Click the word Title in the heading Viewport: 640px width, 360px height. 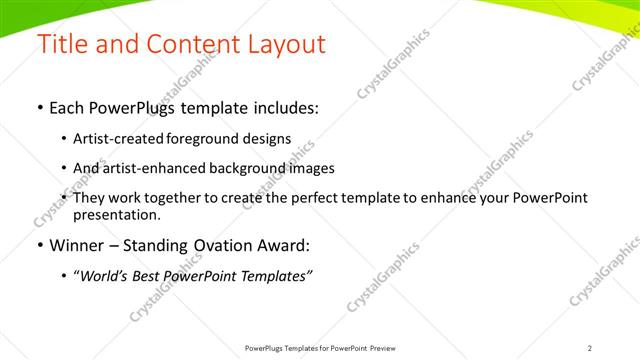[x=60, y=45]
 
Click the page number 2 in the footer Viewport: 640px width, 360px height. [x=590, y=348]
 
